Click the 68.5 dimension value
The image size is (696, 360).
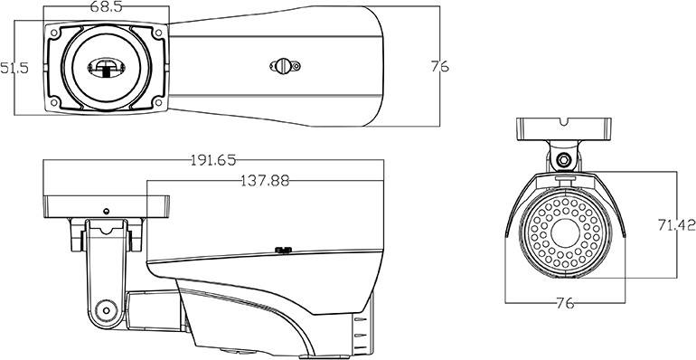106,7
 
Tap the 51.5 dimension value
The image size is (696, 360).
14,68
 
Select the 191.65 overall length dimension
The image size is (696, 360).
213,160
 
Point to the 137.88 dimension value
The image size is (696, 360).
265,180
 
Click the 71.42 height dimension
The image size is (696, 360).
676,225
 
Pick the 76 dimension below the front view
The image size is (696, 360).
565,304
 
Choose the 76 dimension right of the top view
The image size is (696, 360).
440,66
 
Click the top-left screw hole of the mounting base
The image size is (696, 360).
54,33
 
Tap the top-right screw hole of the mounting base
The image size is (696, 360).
158,33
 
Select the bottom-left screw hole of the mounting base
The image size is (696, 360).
54,103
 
